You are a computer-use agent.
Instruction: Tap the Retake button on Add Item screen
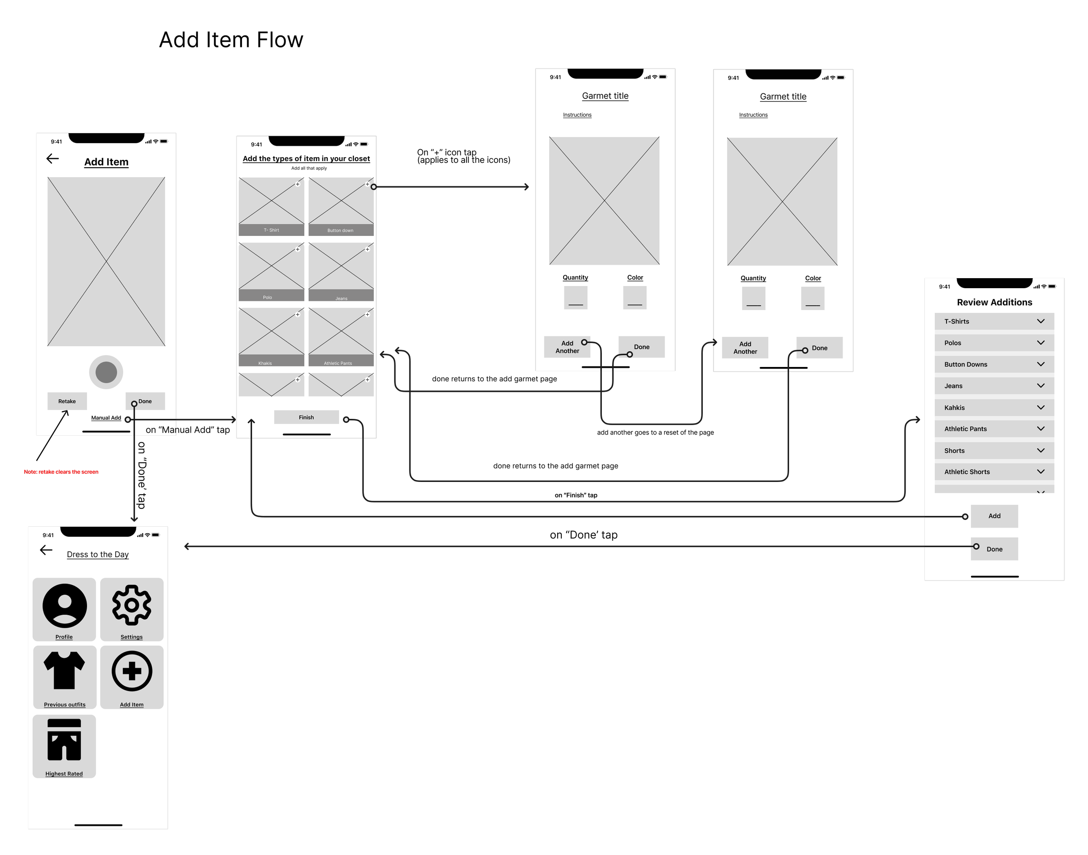[67, 401]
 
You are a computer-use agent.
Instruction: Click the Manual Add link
[106, 418]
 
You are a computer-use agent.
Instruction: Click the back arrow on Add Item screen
[53, 159]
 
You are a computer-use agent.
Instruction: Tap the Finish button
[306, 417]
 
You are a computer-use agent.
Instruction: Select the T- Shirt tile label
[271, 230]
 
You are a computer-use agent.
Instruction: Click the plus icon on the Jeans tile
[367, 249]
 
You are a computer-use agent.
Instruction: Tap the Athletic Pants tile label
[338, 363]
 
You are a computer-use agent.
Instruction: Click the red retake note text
[61, 471]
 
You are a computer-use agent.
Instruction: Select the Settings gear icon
[131, 605]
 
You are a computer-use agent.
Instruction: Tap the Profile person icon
[64, 605]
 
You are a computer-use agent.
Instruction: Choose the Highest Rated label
[64, 774]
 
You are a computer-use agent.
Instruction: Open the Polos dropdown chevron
[1041, 343]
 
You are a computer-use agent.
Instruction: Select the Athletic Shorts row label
[967, 471]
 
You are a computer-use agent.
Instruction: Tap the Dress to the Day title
[97, 554]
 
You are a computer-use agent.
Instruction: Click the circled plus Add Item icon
[131, 671]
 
